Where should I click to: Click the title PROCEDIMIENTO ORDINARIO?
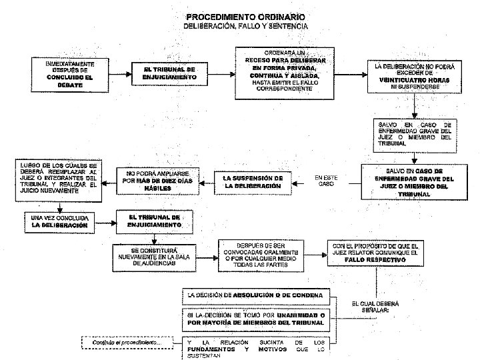click(245, 16)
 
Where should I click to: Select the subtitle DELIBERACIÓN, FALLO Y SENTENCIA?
click(245, 26)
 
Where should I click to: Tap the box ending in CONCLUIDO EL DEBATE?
click(69, 74)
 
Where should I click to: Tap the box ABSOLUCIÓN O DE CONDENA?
click(257, 294)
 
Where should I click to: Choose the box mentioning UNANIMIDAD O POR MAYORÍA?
click(257, 319)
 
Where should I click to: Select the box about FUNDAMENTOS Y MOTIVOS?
click(257, 346)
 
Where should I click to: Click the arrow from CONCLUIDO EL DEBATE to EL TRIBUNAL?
click(117, 73)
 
